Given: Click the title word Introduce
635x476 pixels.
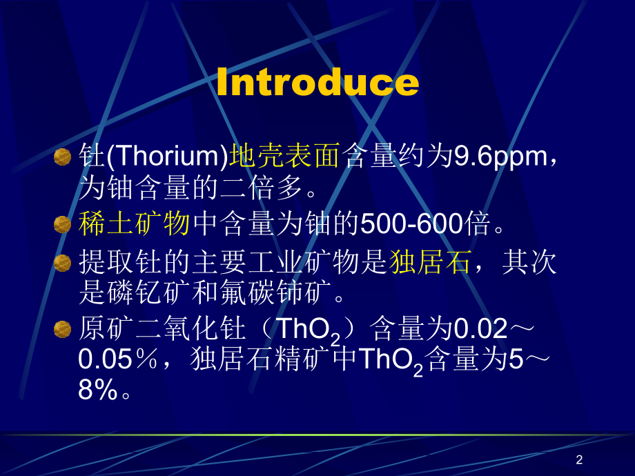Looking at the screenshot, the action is [317, 82].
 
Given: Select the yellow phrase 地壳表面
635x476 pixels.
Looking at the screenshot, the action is [284, 155].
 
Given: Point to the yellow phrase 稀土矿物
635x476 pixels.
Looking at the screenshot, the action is [134, 224].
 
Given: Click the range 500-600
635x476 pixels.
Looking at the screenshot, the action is [412, 224].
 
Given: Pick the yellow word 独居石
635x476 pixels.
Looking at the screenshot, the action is [430, 262].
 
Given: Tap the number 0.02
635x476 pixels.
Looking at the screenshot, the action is [480, 328].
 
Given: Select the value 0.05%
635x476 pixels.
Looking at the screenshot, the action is [117, 359].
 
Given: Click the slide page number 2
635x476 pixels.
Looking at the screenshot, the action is [579, 459].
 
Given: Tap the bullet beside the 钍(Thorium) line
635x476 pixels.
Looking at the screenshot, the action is [62, 157].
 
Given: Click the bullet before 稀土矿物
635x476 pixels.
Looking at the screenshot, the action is [62, 225].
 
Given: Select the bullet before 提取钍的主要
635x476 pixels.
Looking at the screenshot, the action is [62, 263].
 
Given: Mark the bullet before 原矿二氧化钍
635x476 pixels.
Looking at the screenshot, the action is [62, 330].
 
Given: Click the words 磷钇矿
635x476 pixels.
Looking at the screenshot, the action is [148, 292].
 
